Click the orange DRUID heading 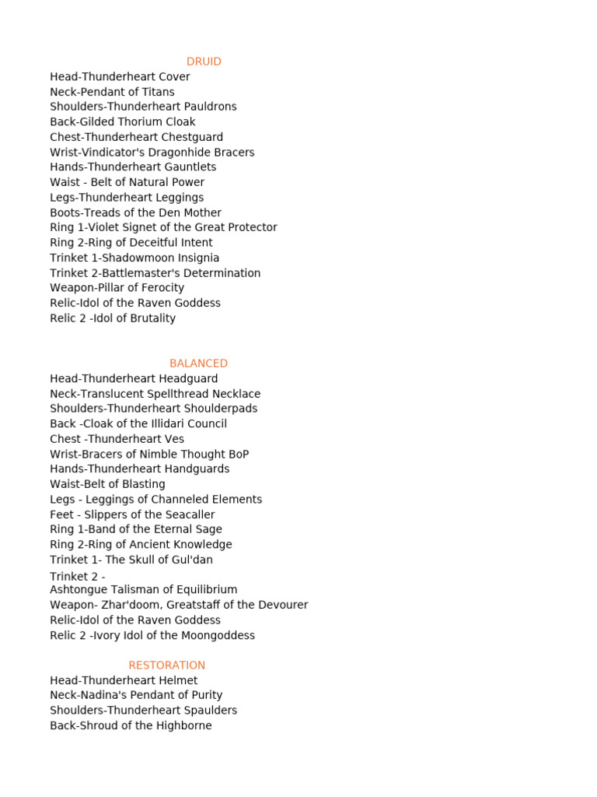204,61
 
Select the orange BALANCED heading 198,363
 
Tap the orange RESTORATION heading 166,665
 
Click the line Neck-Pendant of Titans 112,92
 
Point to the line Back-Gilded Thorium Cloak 122,122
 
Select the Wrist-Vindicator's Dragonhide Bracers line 152,153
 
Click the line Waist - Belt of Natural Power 127,182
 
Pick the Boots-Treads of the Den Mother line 135,212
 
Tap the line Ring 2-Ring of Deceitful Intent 131,243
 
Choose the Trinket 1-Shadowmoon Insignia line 134,258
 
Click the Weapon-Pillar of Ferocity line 117,288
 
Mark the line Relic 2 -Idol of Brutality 113,318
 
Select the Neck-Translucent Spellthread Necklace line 155,394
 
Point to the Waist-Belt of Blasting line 107,484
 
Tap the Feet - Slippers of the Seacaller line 132,514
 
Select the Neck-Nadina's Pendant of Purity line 136,695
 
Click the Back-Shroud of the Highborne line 131,725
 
